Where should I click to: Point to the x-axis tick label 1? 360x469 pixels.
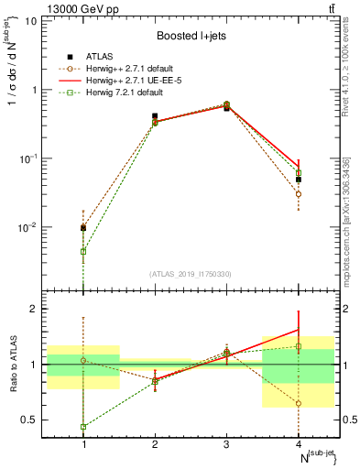[83, 444]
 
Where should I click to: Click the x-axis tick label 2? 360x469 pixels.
[155, 444]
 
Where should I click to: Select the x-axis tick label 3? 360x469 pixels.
[227, 444]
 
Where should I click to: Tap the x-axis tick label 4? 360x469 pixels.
[299, 444]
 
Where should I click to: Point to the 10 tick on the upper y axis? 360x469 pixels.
[33, 20]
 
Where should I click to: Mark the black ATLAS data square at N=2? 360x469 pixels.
[155, 116]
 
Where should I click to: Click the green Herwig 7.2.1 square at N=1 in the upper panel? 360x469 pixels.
[83, 251]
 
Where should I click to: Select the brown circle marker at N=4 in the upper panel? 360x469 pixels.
[299, 194]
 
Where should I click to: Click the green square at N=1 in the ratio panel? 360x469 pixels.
[83, 427]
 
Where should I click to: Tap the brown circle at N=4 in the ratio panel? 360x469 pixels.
[299, 403]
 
